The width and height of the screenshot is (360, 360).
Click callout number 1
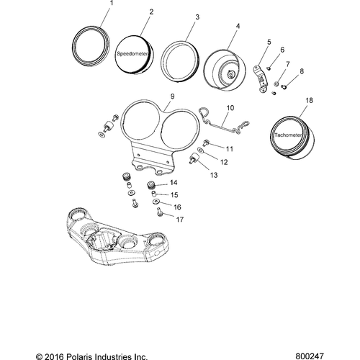(x=110, y=4)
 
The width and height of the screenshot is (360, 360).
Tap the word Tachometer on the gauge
(x=289, y=135)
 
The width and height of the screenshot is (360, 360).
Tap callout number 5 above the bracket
(x=269, y=43)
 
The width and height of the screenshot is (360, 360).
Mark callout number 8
(x=301, y=71)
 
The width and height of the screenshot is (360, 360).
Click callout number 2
(x=151, y=12)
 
